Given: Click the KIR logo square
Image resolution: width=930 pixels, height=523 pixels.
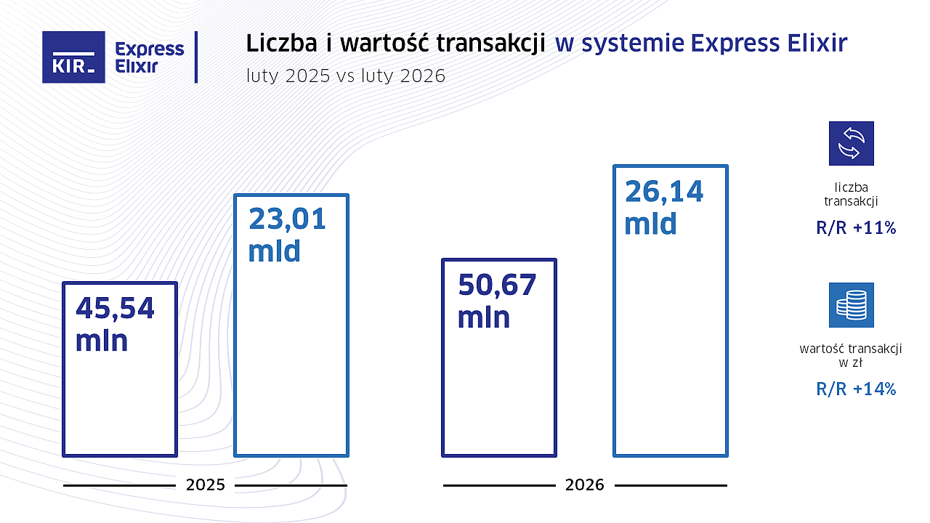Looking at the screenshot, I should tap(73, 57).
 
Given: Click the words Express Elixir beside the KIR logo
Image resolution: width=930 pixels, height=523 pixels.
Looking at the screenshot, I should tap(150, 57).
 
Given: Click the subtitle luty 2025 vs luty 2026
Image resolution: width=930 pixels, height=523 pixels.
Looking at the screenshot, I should tap(346, 76).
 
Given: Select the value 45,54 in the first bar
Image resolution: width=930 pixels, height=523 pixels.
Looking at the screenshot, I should tap(115, 309).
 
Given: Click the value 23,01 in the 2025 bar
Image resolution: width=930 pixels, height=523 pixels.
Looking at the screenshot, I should tap(287, 219).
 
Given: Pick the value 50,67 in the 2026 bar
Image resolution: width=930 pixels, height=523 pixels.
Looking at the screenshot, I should tap(497, 285).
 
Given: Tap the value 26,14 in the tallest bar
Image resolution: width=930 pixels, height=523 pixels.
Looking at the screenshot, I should tap(664, 192).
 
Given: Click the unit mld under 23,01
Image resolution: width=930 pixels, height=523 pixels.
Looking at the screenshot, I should tap(274, 251).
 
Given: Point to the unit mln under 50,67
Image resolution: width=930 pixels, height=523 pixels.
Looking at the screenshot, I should tap(483, 317).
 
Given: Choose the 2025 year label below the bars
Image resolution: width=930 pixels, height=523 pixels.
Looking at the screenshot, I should tap(206, 485).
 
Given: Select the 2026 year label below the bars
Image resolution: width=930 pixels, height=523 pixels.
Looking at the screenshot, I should tap(585, 485).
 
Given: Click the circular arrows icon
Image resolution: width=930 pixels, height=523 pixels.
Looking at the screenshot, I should tap(852, 143).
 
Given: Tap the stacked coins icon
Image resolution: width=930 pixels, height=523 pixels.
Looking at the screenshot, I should tap(852, 305).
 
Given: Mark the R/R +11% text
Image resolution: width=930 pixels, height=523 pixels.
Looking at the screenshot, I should tap(856, 228).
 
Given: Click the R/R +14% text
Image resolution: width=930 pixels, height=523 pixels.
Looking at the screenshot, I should tap(856, 389).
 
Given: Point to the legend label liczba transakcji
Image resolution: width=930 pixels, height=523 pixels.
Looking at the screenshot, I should tap(852, 194).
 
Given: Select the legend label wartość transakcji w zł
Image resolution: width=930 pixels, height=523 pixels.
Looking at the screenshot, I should tap(851, 355).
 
